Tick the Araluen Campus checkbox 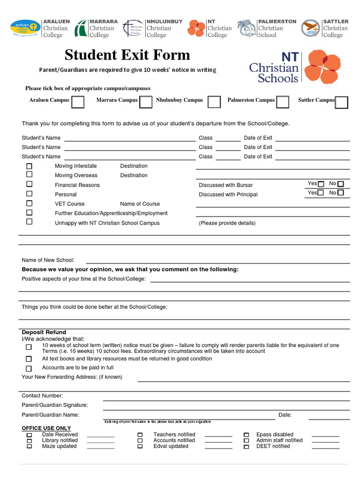coord(78,102)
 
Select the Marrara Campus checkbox coord(146,102)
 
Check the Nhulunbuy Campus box coord(214,102)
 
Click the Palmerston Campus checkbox coord(282,102)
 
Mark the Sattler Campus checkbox coord(342,102)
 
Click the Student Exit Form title coord(127,55)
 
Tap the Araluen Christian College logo coord(25,28)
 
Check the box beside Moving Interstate coord(30,166)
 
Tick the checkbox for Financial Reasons coord(30,185)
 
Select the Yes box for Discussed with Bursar coord(321,184)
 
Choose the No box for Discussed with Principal coord(341,193)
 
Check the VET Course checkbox coord(30,203)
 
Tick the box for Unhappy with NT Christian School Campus coord(30,222)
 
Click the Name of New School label coord(48,260)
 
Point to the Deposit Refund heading coord(44,332)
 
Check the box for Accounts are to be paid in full coord(29,368)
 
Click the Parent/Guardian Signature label coord(55,405)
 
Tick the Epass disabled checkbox coord(246,435)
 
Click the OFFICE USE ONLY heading coord(46,428)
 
